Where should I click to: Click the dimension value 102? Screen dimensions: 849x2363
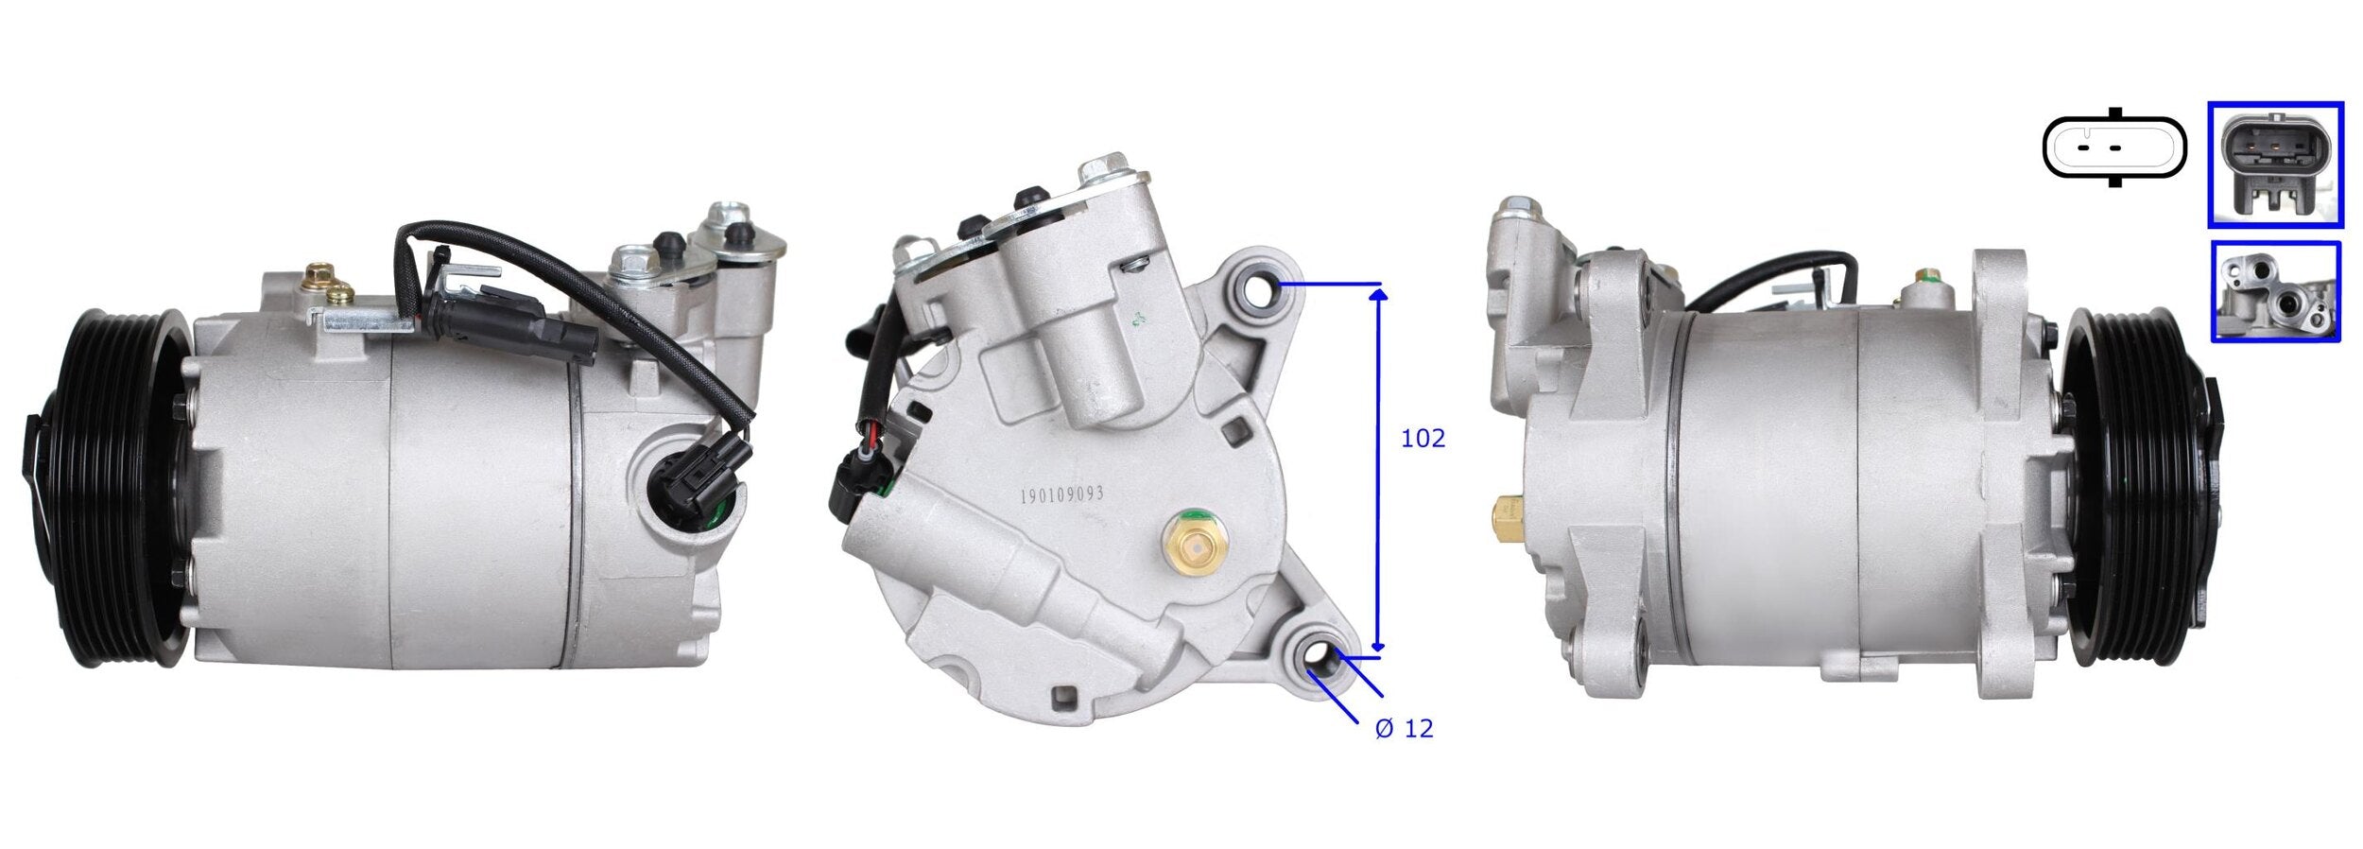(x=1422, y=439)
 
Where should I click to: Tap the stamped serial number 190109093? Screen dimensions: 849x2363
(x=1061, y=494)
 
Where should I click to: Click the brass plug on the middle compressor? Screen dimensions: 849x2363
(x=1190, y=544)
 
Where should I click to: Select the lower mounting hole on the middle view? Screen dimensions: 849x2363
(x=1318, y=654)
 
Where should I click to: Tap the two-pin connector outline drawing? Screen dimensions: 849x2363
(x=2113, y=148)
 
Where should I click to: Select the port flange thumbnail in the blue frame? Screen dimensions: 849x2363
(x=2274, y=291)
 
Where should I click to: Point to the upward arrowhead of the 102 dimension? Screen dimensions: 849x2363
(x=1379, y=295)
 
